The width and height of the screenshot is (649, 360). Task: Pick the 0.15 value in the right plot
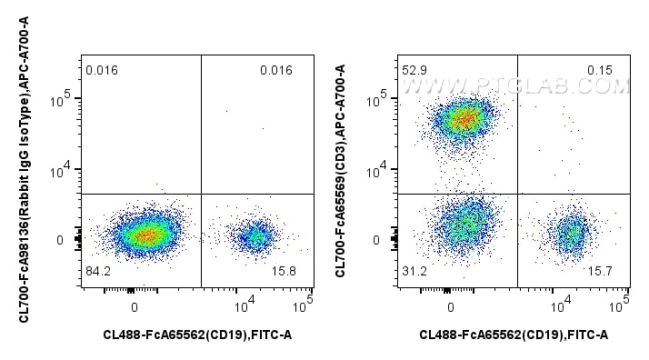point(612,69)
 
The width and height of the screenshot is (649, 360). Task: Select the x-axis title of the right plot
point(514,336)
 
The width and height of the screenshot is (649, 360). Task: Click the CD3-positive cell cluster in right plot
point(464,118)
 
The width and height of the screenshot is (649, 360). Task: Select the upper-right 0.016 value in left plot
point(275,69)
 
